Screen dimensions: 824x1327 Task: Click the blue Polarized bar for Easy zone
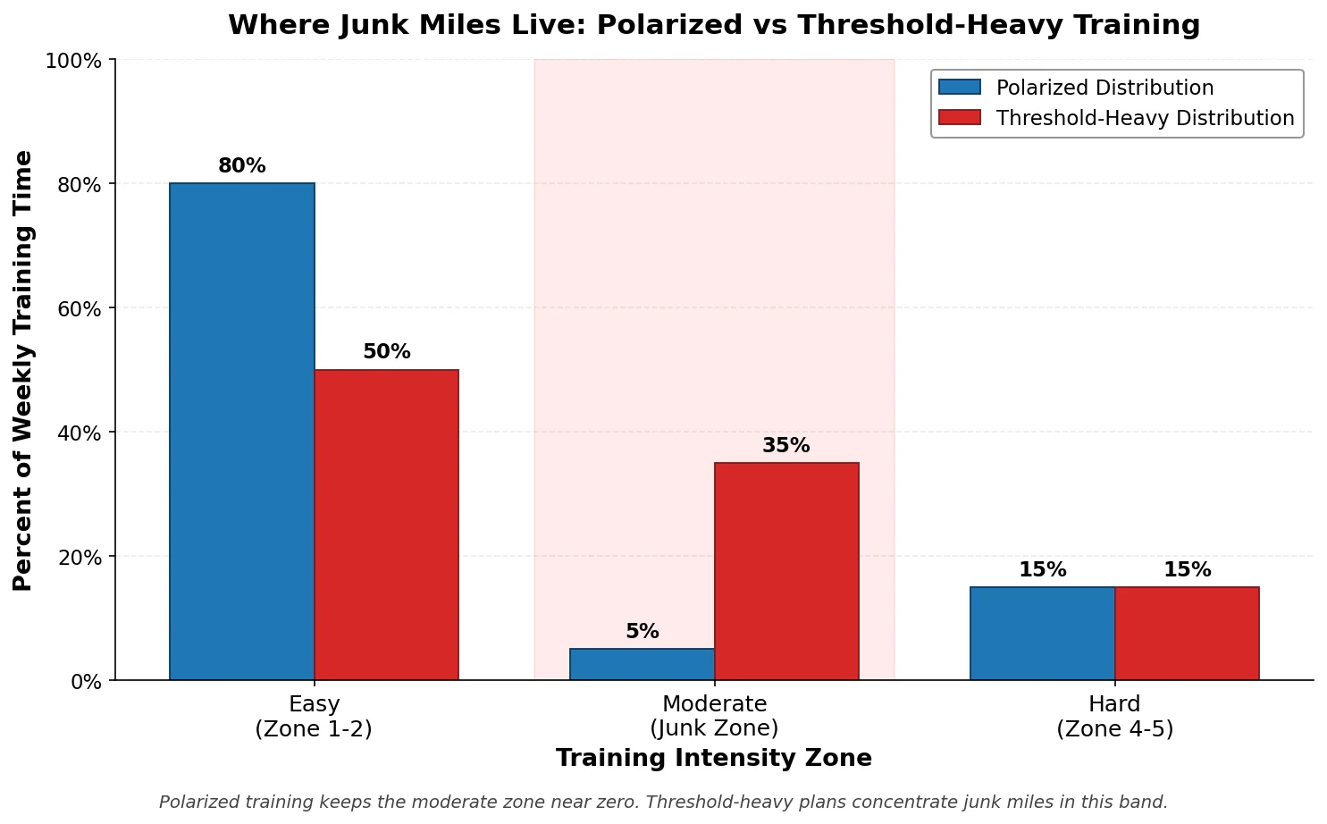[241, 432]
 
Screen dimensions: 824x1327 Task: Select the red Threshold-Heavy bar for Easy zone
[386, 525]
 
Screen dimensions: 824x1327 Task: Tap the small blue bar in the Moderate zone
[642, 664]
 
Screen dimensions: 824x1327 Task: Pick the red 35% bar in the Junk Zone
[786, 571]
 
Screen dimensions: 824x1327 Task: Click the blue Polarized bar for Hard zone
[1042, 634]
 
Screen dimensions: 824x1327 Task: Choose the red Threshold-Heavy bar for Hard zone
[1187, 634]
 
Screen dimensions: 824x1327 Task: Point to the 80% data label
[241, 166]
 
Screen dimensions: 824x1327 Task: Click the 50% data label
[386, 352]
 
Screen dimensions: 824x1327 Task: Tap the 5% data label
[642, 632]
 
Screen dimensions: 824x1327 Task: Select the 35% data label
[786, 446]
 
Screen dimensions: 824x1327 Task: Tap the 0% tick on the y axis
[88, 681]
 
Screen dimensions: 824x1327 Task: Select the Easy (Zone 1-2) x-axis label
[314, 716]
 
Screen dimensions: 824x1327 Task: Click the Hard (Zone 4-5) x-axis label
[1114, 716]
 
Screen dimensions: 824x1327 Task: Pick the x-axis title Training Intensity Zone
[713, 759]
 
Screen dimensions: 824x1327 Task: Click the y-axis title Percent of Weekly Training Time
[23, 370]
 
